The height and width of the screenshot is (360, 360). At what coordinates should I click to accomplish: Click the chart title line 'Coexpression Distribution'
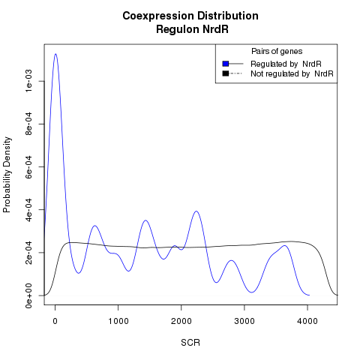tap(190, 16)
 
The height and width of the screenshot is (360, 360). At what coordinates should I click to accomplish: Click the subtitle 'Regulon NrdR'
tap(192, 29)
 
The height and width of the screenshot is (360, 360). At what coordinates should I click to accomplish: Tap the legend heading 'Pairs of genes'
tap(277, 51)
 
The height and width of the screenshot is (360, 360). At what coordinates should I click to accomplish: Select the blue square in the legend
tap(226, 64)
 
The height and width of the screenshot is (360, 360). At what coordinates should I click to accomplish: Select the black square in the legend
tap(226, 73)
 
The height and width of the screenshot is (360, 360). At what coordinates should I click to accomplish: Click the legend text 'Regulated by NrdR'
tap(286, 64)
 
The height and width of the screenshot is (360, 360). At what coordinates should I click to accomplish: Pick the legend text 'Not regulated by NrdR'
tap(292, 73)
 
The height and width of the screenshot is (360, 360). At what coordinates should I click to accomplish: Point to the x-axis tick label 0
tap(55, 321)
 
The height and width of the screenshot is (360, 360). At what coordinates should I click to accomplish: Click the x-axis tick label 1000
tap(118, 321)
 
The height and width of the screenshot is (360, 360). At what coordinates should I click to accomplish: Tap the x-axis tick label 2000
tap(181, 321)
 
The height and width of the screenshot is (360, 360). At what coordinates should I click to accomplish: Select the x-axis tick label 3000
tap(244, 321)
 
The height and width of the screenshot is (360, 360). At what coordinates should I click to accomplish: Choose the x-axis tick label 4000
tap(307, 321)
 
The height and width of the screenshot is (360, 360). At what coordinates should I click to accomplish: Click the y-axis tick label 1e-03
tap(28, 81)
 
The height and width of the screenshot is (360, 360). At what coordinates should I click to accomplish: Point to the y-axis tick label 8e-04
tap(28, 124)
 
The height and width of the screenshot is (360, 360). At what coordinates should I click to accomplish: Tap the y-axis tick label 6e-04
tap(28, 166)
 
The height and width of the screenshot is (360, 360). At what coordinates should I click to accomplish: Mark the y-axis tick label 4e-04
tap(28, 209)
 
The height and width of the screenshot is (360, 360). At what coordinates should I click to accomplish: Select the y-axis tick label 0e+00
tap(28, 295)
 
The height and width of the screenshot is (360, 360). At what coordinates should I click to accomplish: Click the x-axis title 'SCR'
tap(190, 343)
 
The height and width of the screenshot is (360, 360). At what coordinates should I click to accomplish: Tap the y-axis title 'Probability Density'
tap(7, 175)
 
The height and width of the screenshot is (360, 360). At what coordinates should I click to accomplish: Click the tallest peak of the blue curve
tap(55, 54)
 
